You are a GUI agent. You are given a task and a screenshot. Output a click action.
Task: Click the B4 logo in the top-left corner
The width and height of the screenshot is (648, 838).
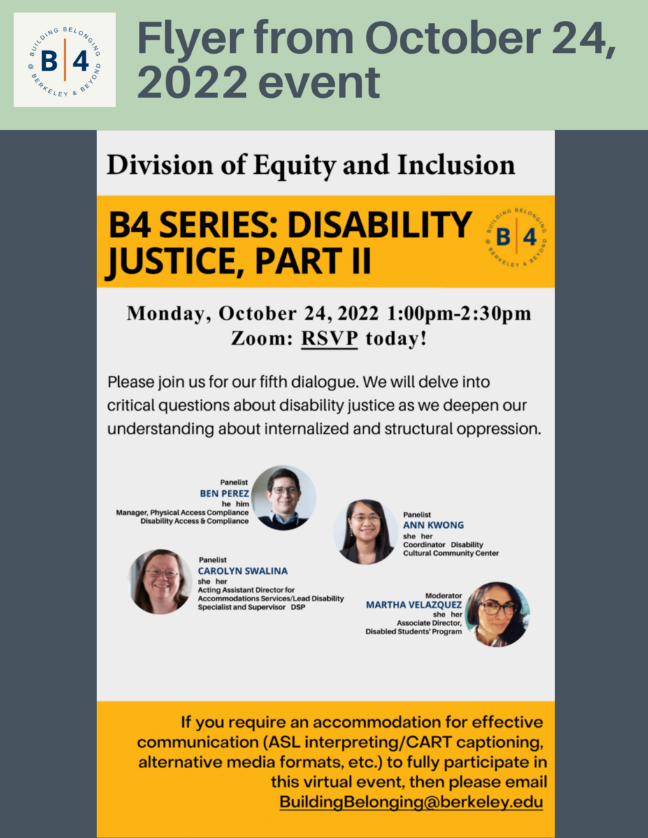[65, 60]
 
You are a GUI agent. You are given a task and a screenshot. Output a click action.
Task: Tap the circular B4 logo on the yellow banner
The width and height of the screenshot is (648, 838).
[517, 237]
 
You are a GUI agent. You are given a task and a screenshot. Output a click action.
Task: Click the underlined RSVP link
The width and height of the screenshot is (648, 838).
[329, 339]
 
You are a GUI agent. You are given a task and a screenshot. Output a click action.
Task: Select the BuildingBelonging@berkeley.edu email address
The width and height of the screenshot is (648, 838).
[411, 802]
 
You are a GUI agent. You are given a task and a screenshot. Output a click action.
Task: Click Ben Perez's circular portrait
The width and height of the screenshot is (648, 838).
[284, 497]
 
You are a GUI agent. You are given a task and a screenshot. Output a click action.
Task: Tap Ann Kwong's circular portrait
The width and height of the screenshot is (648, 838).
[366, 532]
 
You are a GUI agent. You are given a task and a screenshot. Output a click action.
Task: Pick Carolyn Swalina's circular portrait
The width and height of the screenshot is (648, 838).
[160, 582]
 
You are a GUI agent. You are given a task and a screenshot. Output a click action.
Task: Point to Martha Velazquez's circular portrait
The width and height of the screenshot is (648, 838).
[497, 615]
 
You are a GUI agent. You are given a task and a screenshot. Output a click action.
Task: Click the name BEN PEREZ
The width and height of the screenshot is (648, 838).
[224, 494]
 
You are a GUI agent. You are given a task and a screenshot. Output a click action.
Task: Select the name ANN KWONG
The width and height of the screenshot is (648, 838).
[433, 525]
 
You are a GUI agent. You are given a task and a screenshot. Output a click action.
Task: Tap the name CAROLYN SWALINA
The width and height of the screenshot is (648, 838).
[243, 571]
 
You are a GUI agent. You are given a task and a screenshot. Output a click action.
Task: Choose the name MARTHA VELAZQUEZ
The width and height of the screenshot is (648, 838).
[414, 605]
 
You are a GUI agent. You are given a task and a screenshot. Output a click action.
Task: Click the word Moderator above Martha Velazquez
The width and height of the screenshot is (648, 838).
[443, 596]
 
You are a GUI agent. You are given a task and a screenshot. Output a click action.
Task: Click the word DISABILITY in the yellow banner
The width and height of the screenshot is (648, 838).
[380, 225]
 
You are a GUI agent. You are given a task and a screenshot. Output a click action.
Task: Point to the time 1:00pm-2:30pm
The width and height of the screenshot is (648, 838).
[459, 313]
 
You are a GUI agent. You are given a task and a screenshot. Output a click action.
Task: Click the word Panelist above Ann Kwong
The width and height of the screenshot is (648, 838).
[417, 515]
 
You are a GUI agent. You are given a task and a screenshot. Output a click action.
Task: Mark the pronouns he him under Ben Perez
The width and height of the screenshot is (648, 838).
[236, 504]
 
